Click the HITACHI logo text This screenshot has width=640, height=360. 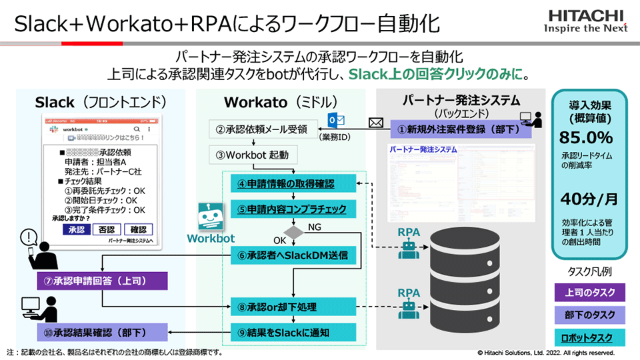tap(587, 15)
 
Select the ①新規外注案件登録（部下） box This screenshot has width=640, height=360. tap(460, 129)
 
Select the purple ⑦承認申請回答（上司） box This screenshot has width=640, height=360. tap(102, 281)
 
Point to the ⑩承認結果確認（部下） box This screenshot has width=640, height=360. tap(102, 331)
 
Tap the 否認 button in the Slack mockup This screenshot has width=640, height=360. tap(106, 229)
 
